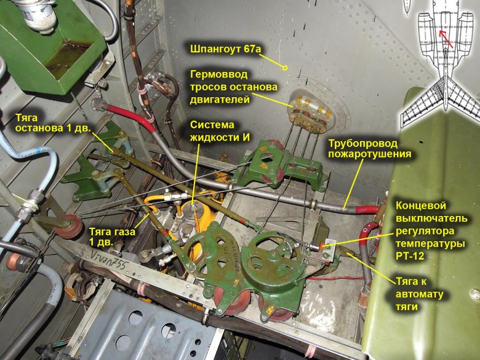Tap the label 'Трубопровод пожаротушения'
369,148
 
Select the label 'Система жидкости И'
220,130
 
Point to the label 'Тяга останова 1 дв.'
54,122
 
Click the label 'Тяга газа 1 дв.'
112,237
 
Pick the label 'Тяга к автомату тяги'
420,294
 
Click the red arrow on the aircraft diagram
446,39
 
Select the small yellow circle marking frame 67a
285,68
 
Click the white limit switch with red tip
324,245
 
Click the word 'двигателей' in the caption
220,100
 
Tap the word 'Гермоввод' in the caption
218,74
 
